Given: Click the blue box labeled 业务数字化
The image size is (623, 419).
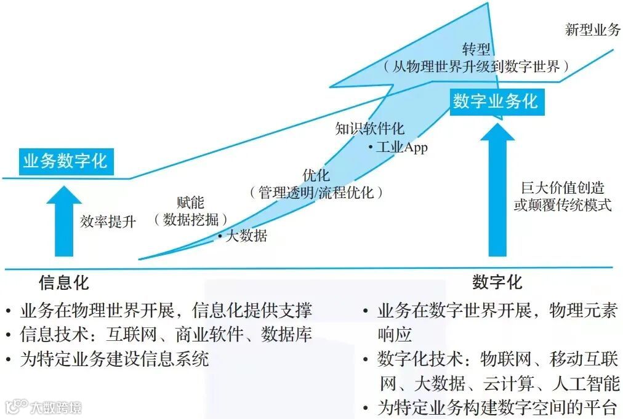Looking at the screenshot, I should pos(65,161).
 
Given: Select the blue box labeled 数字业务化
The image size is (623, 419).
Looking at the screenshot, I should pos(496,101).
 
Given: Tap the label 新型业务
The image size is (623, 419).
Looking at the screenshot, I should pos(592,30).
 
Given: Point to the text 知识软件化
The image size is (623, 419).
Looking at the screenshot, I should pos(369,129).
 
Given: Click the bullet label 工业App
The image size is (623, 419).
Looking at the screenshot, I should pos(401,147).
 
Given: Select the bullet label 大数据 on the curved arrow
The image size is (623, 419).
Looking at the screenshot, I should pos(246,236).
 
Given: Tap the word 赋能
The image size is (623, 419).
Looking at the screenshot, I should pos(190,202).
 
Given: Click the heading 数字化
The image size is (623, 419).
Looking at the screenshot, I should pos(497,282).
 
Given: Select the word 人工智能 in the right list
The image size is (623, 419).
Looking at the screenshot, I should pos(591,384).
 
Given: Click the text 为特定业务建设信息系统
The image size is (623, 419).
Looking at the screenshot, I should pos(115,359).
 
